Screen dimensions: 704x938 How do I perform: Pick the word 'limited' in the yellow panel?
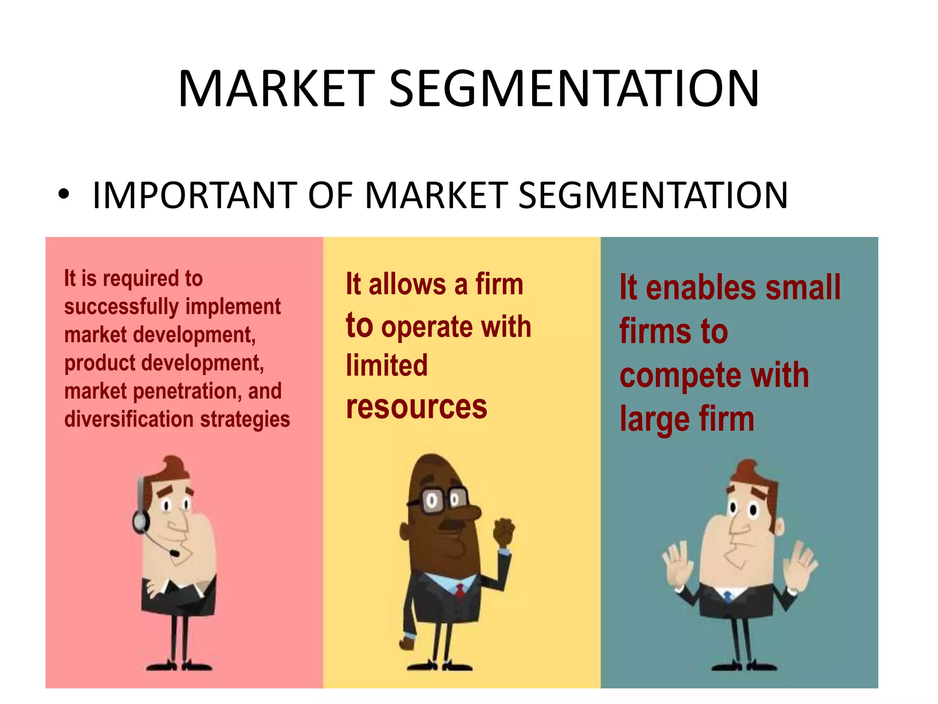coord(387,365)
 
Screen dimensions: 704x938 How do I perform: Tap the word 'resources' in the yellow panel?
coord(416,407)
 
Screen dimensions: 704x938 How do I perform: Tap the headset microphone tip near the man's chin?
coord(174,553)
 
